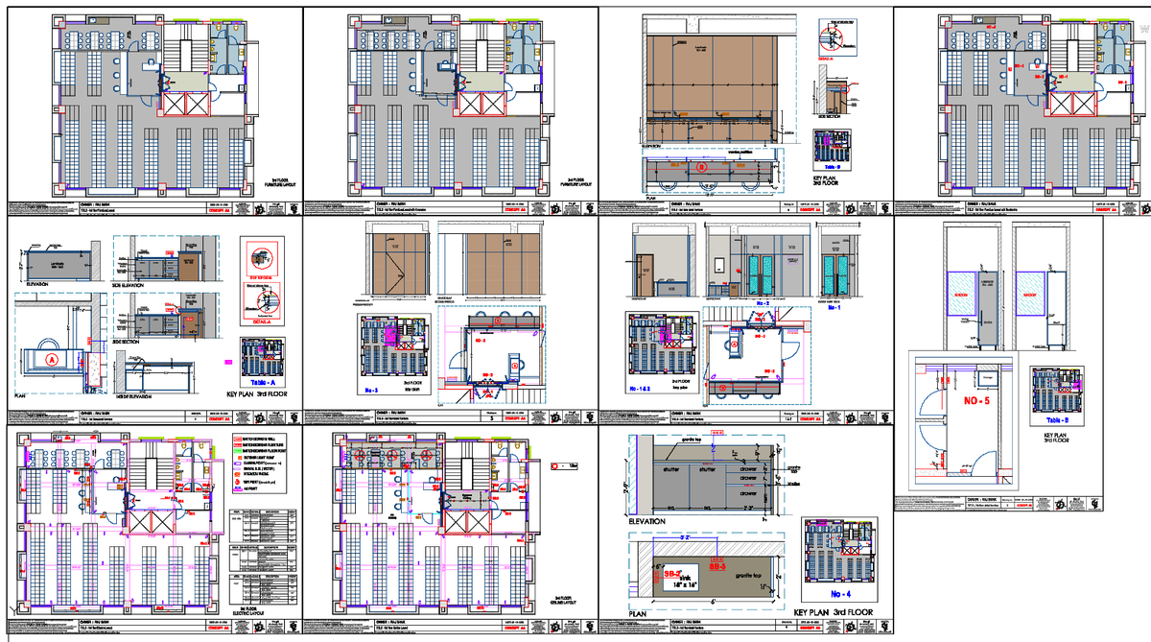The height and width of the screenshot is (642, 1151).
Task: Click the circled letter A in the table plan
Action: coord(49,359)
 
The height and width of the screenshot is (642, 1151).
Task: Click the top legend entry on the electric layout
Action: coord(264,440)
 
